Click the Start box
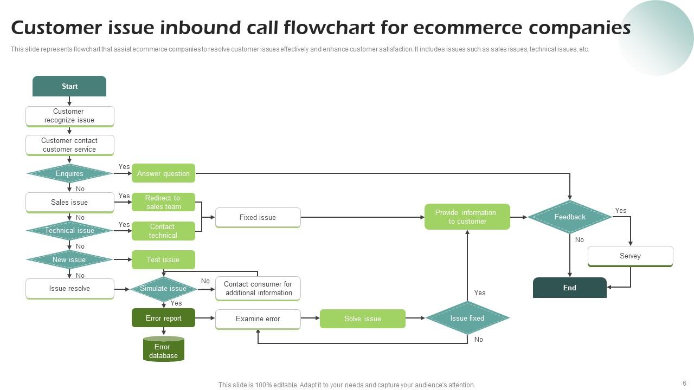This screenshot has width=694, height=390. point(69,86)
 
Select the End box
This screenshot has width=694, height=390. point(569,288)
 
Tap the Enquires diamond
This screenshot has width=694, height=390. point(69,173)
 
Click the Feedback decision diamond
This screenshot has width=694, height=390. point(569,217)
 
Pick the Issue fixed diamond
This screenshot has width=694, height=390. point(467,318)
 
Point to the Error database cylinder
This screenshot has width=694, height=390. point(163,350)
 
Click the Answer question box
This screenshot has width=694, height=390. point(163,173)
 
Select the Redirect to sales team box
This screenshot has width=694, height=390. point(163,202)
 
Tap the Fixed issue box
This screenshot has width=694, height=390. point(258,217)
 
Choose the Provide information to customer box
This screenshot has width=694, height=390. point(467,217)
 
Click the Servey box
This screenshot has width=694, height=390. point(630,256)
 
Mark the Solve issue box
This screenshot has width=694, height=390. point(362,318)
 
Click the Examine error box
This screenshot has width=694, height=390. point(258,318)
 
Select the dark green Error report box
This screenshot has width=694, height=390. point(163,318)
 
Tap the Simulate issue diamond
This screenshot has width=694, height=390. point(163,289)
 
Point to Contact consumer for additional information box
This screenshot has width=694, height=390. point(258,288)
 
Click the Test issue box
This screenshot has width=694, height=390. point(163,259)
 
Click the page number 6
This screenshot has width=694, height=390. point(684,383)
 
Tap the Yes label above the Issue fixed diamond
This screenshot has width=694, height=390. point(480,292)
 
